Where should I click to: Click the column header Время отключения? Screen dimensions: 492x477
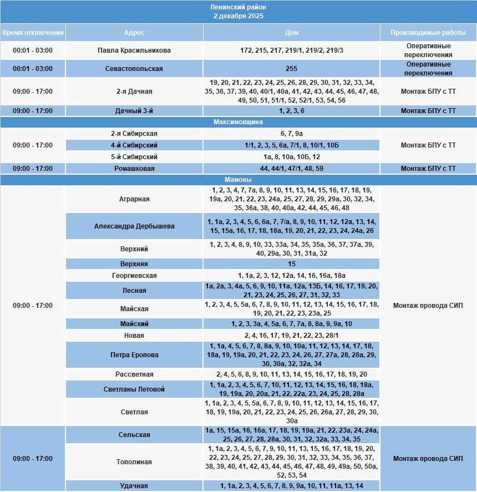[33, 32]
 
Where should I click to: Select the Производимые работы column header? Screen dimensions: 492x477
[428, 32]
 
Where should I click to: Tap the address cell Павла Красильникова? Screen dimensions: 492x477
[134, 50]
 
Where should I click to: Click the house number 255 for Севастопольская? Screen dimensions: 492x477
[292, 69]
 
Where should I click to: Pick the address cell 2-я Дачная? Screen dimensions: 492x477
[134, 92]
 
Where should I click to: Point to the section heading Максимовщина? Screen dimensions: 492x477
[238, 121]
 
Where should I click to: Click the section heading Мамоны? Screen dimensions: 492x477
[238, 180]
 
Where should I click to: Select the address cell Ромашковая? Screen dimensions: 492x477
[134, 168]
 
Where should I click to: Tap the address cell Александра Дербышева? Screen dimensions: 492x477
[134, 226]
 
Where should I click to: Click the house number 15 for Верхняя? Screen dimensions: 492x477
[292, 264]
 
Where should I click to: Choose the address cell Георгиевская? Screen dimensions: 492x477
[134, 276]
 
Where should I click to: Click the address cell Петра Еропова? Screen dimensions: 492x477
[134, 354]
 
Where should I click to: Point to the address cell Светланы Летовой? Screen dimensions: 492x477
[134, 389]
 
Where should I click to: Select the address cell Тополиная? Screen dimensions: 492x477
[134, 462]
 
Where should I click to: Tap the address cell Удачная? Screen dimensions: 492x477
[134, 486]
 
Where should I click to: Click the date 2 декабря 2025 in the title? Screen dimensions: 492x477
[238, 16]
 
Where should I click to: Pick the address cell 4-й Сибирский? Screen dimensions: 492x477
[134, 145]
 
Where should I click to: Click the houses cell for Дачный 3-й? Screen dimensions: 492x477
[292, 110]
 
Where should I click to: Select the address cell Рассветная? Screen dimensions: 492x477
[134, 374]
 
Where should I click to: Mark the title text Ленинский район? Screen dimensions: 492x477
[238, 7]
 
